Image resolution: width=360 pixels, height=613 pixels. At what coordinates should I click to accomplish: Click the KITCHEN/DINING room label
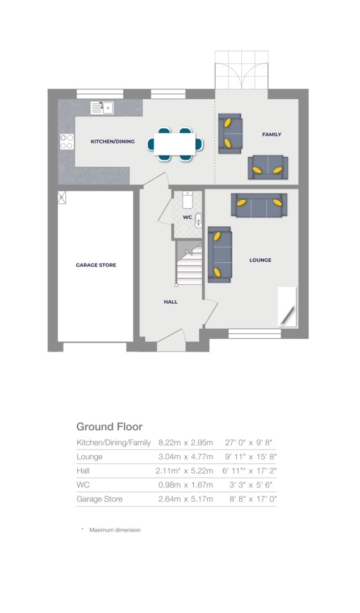(112, 141)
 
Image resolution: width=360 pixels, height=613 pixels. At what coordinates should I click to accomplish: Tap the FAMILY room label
(271, 135)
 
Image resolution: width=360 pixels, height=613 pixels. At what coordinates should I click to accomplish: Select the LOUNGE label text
(260, 260)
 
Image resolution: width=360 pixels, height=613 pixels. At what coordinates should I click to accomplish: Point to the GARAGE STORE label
(96, 265)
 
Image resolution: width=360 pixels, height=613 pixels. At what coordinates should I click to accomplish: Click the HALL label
(170, 302)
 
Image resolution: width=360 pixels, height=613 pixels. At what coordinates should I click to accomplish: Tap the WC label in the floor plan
(187, 217)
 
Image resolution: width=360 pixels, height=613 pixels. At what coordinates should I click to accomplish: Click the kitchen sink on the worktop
(102, 107)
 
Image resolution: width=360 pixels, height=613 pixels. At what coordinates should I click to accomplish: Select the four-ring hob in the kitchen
(66, 141)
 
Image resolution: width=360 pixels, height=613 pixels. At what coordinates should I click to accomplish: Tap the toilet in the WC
(189, 200)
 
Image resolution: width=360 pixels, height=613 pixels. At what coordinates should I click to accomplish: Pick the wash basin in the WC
(198, 219)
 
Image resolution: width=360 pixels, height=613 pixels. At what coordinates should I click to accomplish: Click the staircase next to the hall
(189, 265)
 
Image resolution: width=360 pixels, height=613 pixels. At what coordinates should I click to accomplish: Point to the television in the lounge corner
(288, 307)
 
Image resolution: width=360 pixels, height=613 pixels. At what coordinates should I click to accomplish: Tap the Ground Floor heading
(110, 426)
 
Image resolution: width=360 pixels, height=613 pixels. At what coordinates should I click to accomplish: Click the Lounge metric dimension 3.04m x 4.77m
(185, 456)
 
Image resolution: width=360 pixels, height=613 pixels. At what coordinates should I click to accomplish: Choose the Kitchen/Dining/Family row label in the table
(114, 442)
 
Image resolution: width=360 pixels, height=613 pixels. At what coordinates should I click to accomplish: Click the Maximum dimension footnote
(114, 530)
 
